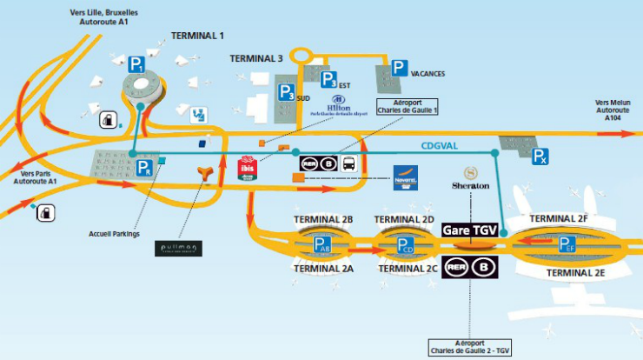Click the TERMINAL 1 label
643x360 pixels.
pos(197,36)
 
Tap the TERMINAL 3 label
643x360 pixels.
pos(256,58)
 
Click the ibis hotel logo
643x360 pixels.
pos(249,166)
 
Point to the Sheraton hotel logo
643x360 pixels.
pos(471,178)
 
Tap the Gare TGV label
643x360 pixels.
pos(472,230)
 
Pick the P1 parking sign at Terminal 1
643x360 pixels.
pos(136,63)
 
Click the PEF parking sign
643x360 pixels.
pos(567,244)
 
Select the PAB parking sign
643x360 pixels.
pos(322,245)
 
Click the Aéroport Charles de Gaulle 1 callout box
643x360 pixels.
pos(407,106)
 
